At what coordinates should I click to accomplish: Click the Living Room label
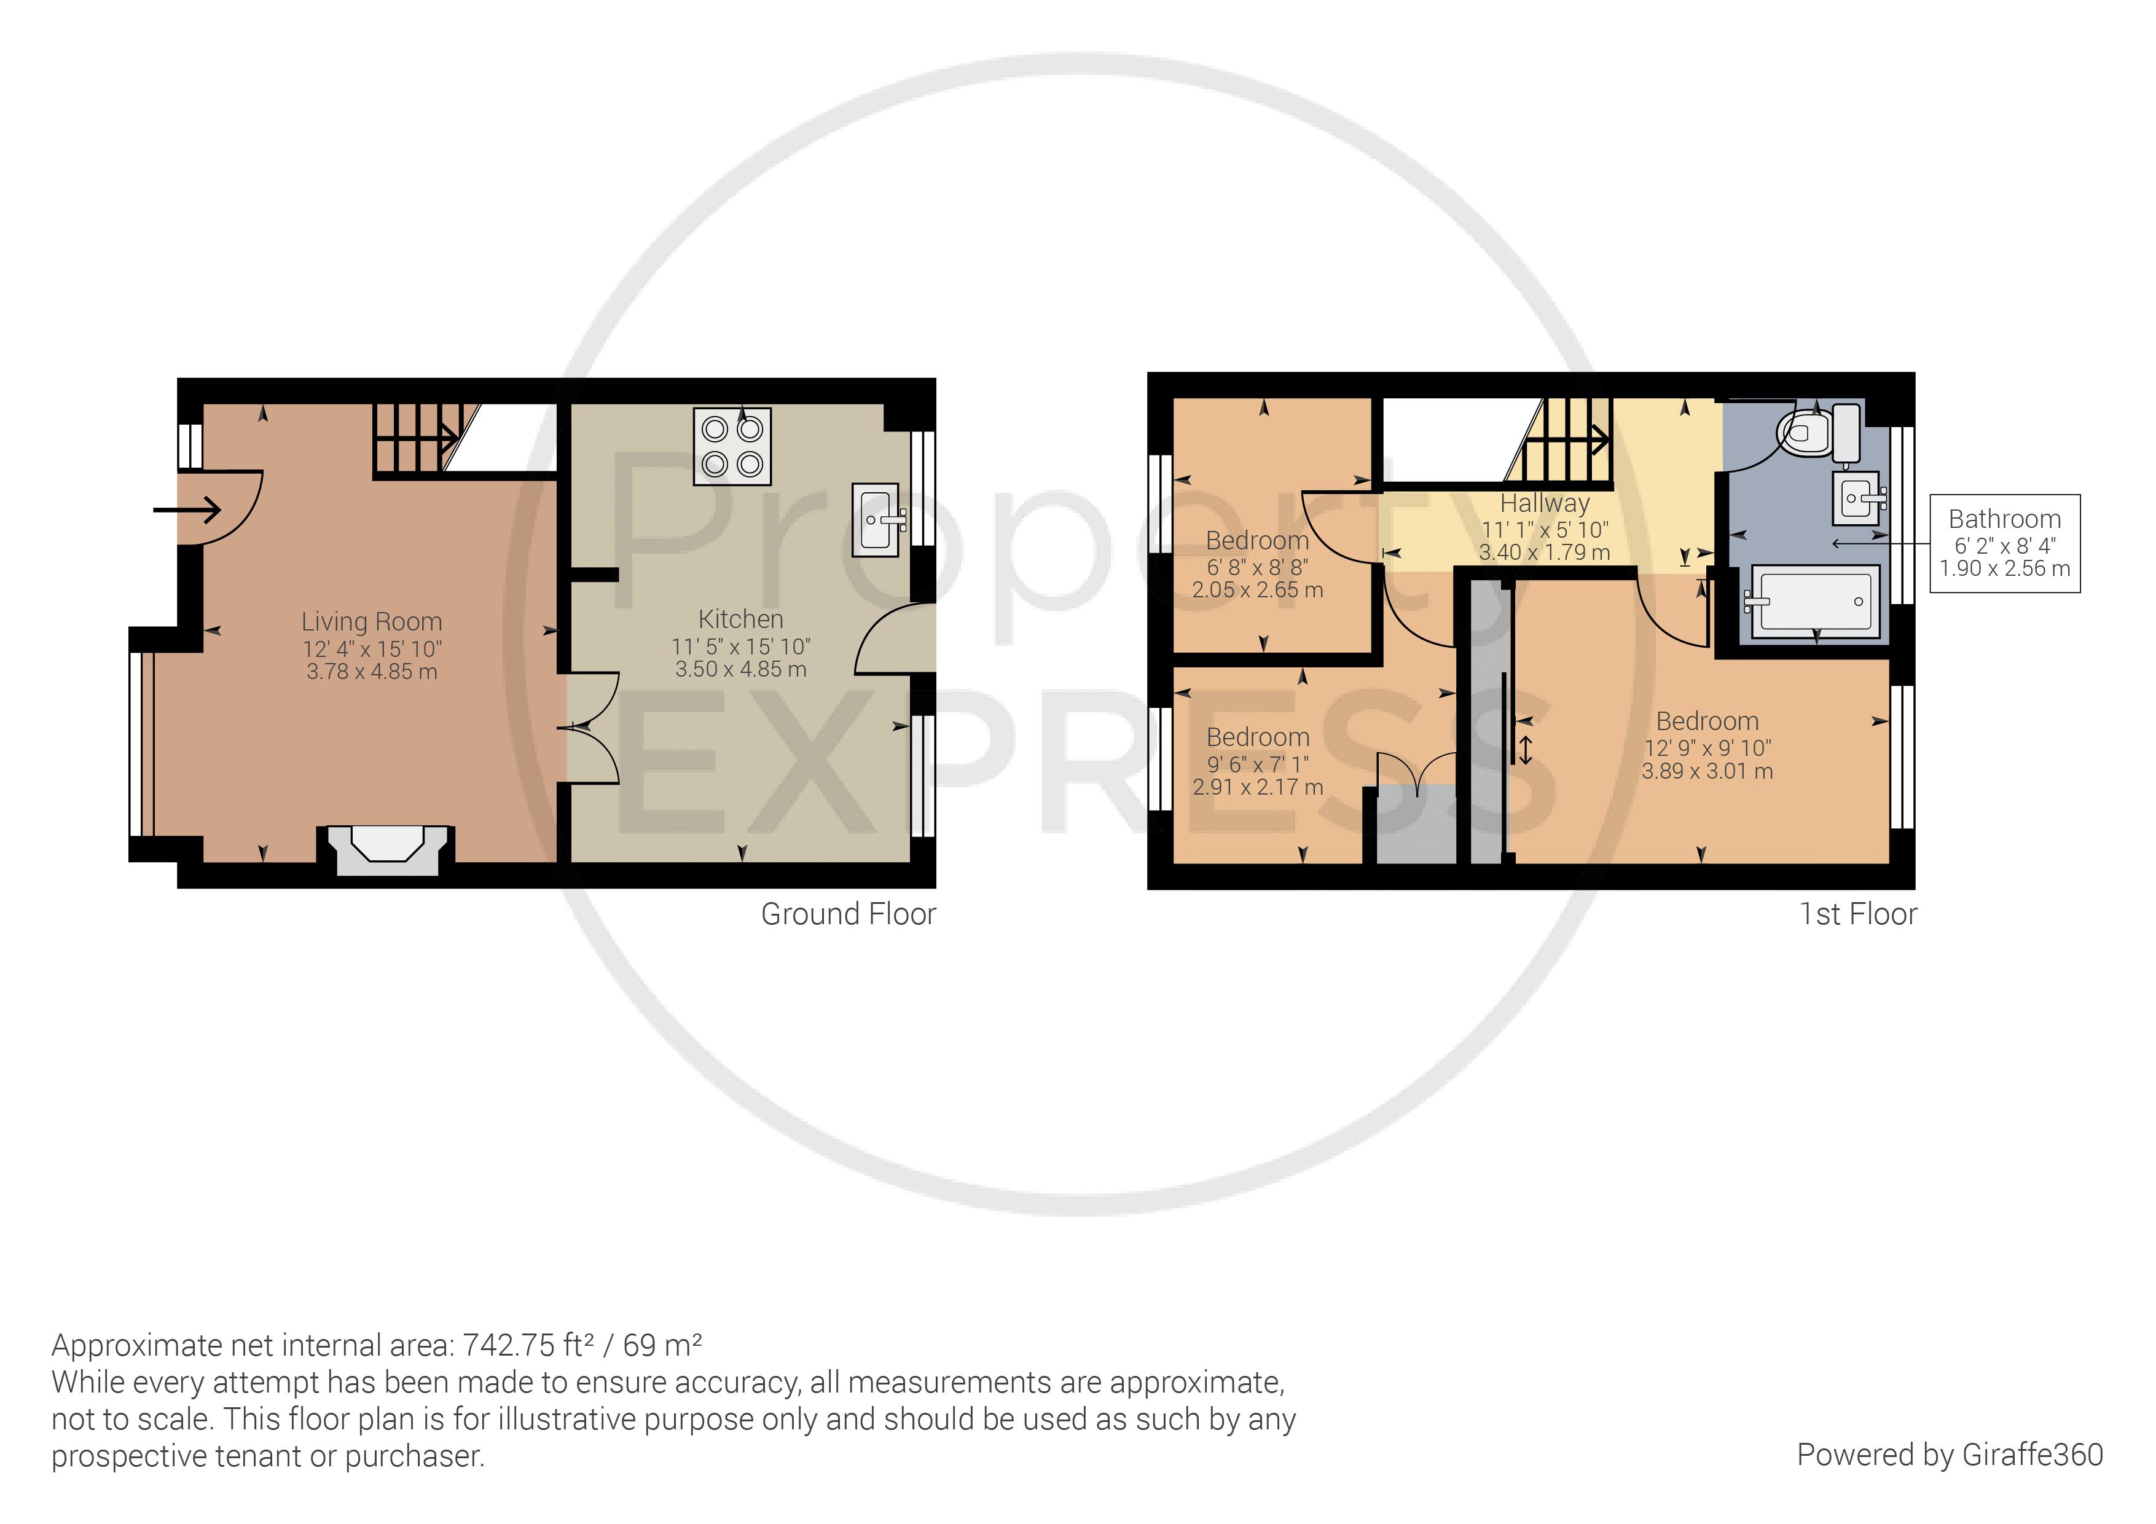[x=371, y=622]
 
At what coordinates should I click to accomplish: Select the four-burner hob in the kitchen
[x=732, y=446]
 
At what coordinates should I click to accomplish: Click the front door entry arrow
[x=188, y=510]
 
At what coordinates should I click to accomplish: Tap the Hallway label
[x=1545, y=503]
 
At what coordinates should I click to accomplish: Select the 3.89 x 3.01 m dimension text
[x=1706, y=771]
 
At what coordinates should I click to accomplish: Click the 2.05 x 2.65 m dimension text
[x=1257, y=590]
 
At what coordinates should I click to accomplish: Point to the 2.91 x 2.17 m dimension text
[x=1257, y=787]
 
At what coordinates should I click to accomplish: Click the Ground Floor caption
[x=848, y=914]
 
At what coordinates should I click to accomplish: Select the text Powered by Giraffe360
[x=1950, y=1455]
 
